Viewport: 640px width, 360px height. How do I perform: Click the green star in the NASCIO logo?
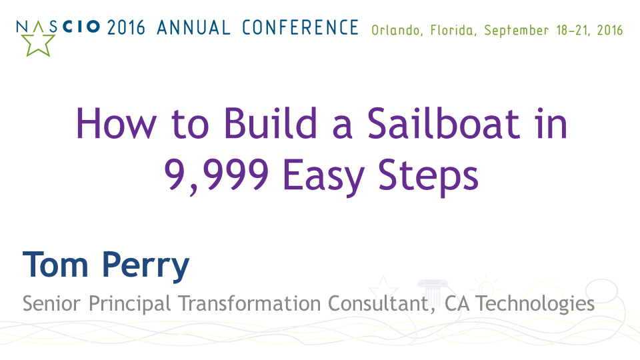point(38,44)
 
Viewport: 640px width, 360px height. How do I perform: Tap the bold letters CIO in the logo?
point(81,27)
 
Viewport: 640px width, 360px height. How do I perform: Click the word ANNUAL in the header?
point(193,28)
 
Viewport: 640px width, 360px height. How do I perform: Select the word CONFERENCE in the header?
point(300,28)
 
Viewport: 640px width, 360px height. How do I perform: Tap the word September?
point(516,31)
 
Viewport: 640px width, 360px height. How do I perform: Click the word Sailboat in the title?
point(443,123)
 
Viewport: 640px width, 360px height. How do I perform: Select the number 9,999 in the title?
point(216,175)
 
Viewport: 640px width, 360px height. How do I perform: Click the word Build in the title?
point(271,123)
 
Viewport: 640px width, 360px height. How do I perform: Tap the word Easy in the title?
point(323,178)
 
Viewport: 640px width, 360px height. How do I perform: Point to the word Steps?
point(428,178)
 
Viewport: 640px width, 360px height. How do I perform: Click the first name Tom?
point(55,265)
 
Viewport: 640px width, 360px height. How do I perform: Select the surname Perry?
point(146,267)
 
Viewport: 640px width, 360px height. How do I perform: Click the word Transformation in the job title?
point(249,303)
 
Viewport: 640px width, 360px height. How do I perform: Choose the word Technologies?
point(535,305)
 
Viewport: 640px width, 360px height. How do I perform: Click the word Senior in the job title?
point(51,303)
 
